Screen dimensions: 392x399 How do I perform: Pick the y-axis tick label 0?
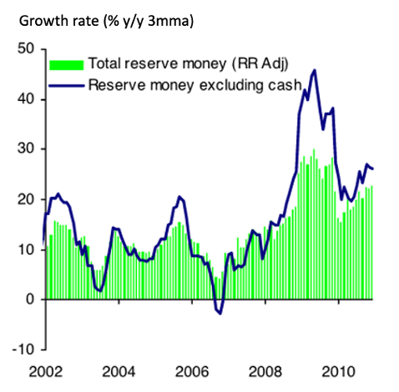click(x=28, y=299)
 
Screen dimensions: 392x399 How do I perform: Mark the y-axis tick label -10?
click(x=22, y=349)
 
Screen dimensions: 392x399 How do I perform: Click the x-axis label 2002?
click(x=44, y=370)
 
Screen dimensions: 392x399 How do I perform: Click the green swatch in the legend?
click(x=67, y=63)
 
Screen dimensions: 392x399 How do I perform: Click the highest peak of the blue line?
click(x=314, y=71)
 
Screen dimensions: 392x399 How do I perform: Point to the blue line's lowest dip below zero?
click(x=220, y=314)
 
